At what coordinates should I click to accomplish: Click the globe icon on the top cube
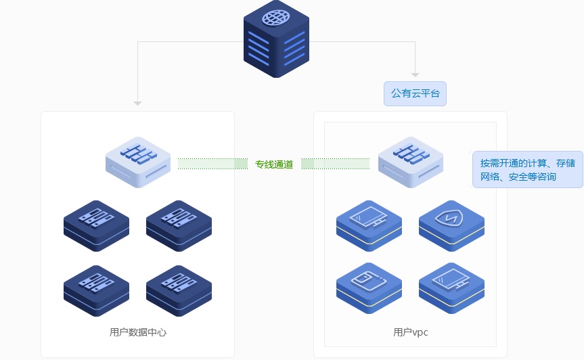(x=275, y=18)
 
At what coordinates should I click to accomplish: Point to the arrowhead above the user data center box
(x=137, y=103)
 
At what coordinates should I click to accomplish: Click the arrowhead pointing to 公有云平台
(x=415, y=74)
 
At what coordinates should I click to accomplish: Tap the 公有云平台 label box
(x=415, y=93)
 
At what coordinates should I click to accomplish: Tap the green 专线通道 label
(x=274, y=164)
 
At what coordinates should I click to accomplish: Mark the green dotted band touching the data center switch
(x=212, y=163)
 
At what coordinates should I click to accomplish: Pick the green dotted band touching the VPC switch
(x=336, y=163)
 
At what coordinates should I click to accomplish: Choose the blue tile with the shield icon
(x=451, y=221)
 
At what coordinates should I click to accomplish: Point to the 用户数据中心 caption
(x=137, y=332)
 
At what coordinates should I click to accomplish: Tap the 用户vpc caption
(x=410, y=332)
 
